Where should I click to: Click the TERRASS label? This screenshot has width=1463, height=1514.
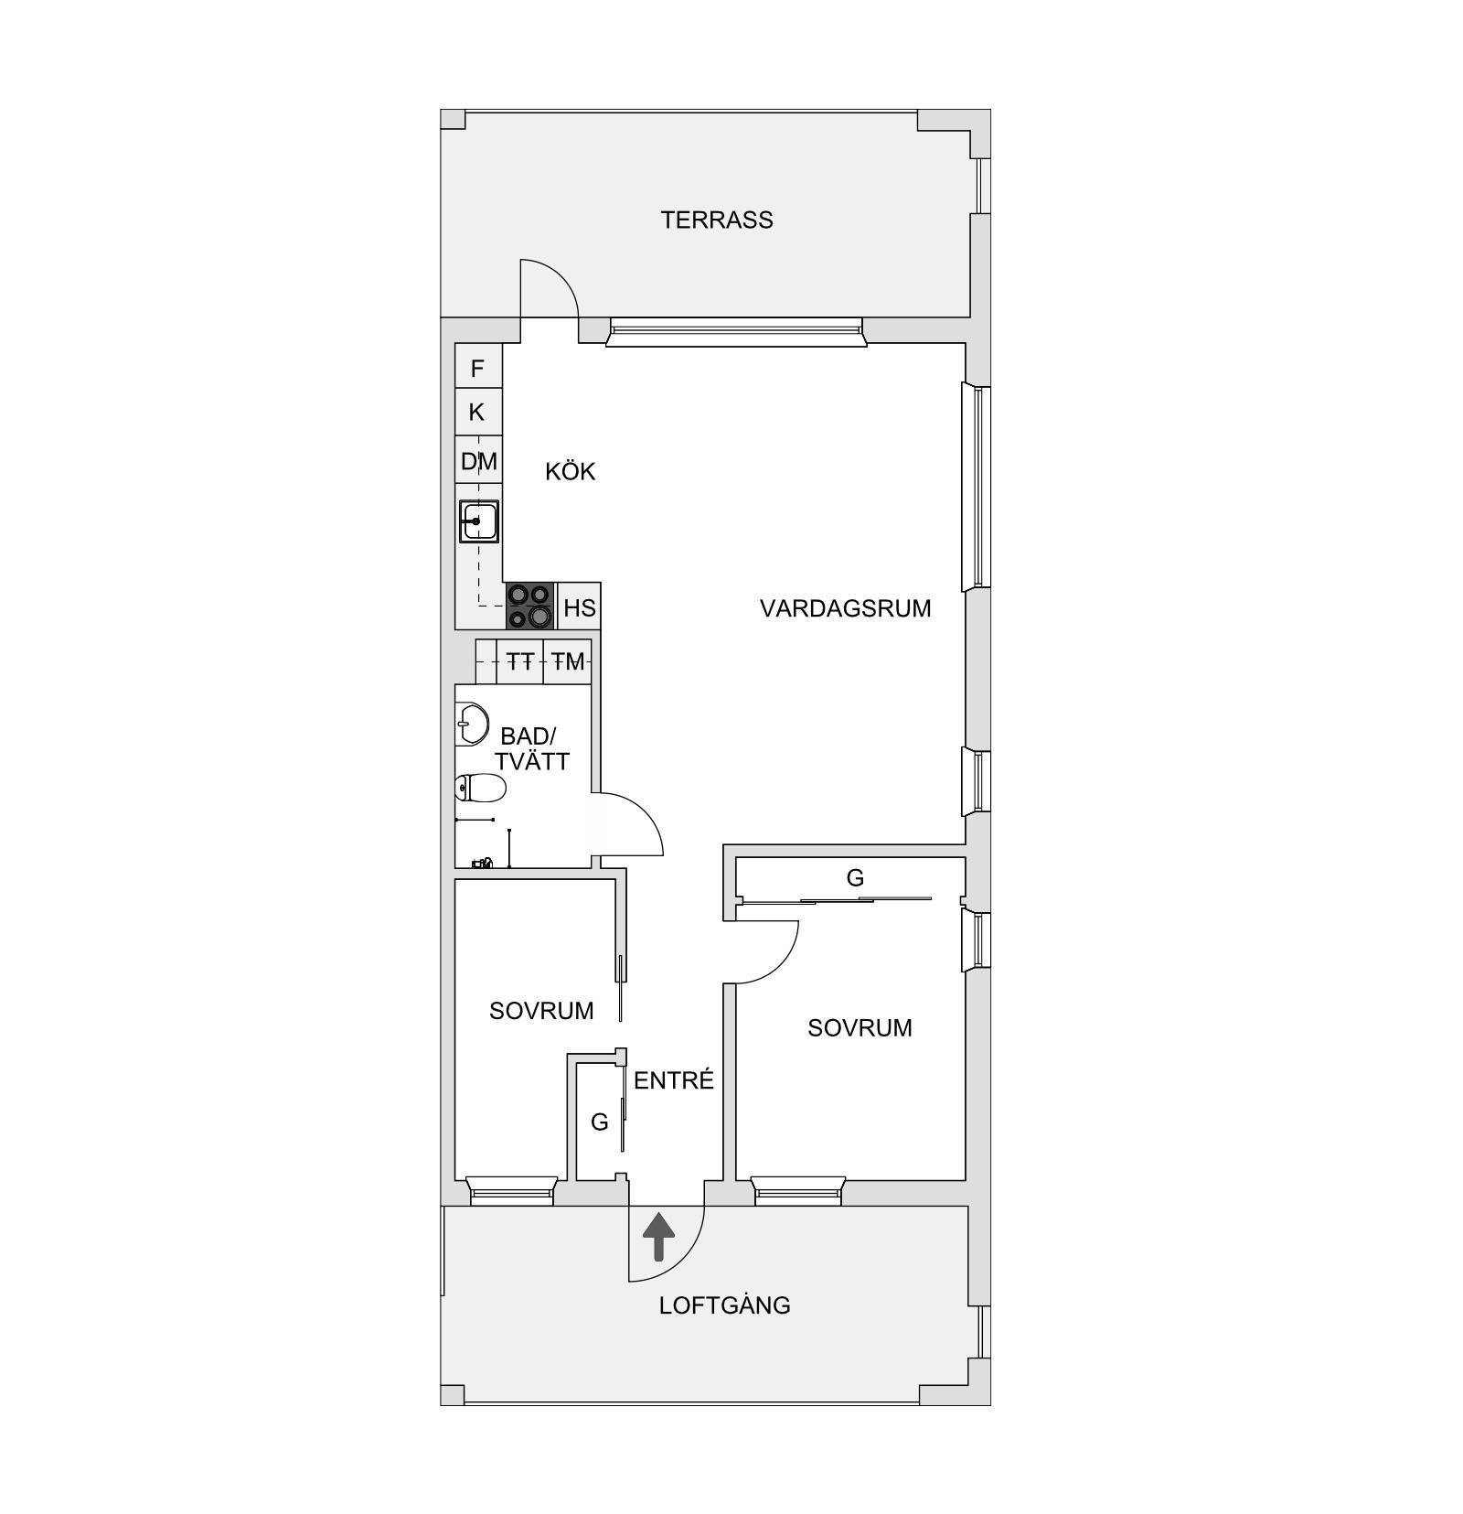[x=717, y=220]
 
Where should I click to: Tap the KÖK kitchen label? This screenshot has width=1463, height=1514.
[x=570, y=471]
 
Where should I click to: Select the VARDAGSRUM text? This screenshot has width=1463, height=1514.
[x=845, y=608]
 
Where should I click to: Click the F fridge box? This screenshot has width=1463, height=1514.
[x=478, y=368]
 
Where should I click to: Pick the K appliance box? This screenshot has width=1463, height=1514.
[x=478, y=413]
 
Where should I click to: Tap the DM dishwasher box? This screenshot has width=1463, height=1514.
[x=478, y=460]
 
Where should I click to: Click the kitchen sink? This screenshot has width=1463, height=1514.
[x=478, y=521]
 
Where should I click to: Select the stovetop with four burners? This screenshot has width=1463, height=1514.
[x=531, y=606]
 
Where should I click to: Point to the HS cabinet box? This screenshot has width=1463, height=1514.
[x=579, y=607]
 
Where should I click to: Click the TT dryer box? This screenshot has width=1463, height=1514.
[x=520, y=661]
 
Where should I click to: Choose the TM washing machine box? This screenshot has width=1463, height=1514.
[x=568, y=661]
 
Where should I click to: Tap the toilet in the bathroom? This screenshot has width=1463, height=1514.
[x=480, y=787]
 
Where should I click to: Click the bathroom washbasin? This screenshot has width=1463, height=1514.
[x=472, y=725]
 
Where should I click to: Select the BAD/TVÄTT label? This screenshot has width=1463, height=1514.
[x=529, y=748]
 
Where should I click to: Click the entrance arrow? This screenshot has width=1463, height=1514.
[x=658, y=1237]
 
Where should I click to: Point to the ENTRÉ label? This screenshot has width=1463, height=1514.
[x=673, y=1080]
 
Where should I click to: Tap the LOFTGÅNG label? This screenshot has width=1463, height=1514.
[x=724, y=1305]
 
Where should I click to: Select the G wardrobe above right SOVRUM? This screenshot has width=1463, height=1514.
[x=854, y=878]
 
